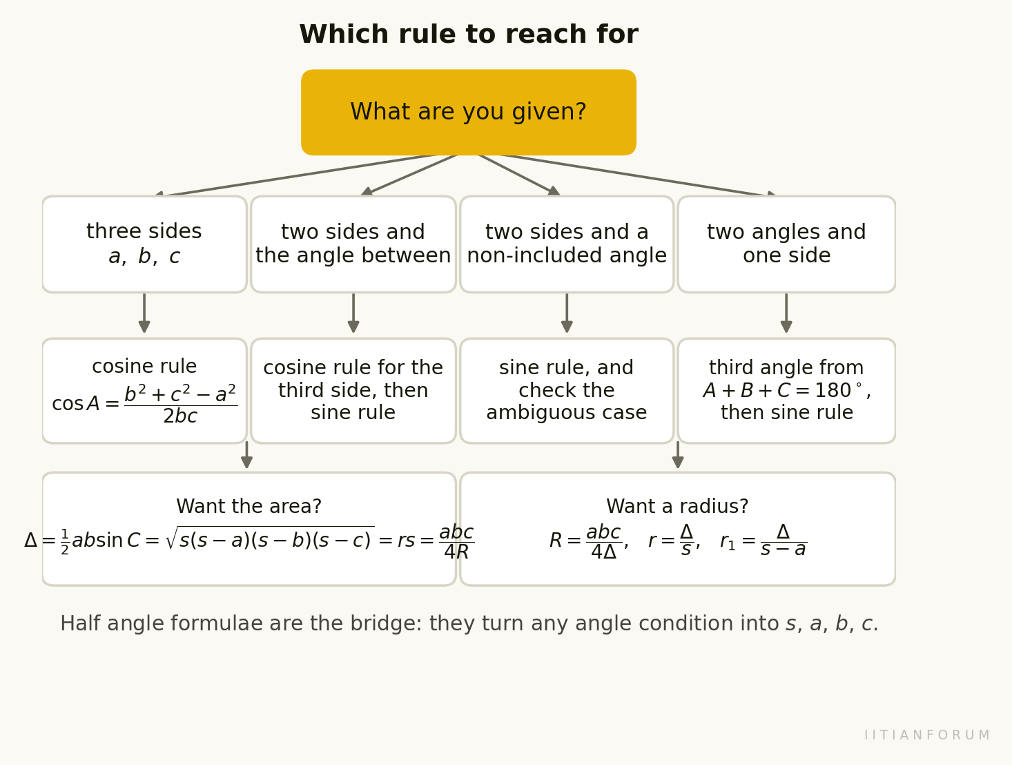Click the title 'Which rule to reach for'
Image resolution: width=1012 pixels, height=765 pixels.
coord(469,35)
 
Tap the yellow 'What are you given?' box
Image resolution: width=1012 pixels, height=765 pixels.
coord(469,113)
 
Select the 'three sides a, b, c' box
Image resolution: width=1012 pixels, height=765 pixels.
coord(144,244)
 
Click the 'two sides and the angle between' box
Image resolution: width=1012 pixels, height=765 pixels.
coord(353,244)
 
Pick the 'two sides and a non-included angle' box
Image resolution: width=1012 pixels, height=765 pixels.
coord(567,244)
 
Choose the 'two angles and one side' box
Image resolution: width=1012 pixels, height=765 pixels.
coord(786,244)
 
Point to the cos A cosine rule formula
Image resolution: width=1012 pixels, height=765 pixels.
coord(145,404)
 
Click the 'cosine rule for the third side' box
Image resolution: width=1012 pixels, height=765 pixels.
coord(353,391)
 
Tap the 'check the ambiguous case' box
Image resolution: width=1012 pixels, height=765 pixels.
coord(567,391)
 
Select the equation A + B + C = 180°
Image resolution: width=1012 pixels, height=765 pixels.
coord(786,391)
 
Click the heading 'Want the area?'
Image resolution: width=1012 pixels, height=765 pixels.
coord(249,506)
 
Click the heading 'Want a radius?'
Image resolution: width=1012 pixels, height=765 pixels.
coord(677,506)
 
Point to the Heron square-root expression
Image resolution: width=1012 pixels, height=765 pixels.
coord(270,539)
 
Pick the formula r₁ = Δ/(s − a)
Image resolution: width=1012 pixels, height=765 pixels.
coord(763,541)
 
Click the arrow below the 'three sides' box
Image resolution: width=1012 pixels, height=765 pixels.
coord(144,313)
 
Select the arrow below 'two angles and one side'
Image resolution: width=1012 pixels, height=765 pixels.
coord(786,313)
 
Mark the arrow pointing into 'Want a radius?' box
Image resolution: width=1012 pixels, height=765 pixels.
coord(678,455)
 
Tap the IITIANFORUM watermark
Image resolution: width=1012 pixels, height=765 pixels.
coord(927,735)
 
